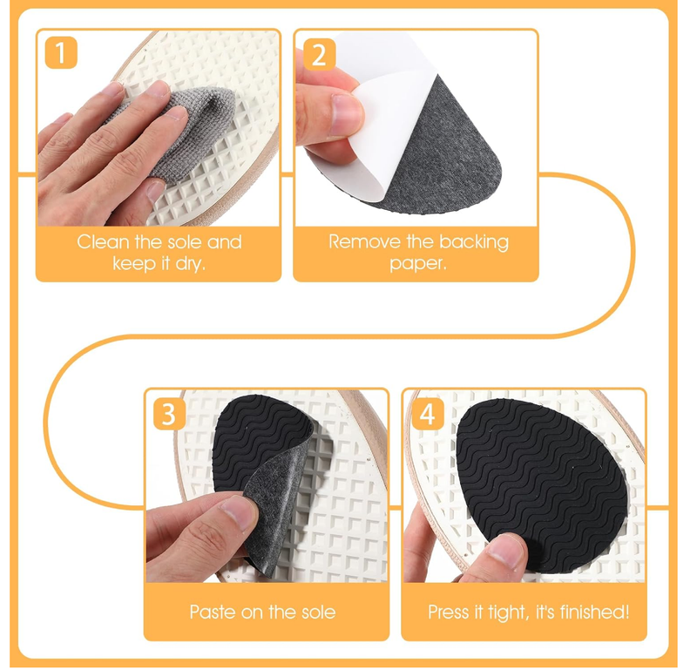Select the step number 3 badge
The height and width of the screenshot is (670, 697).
click(169, 414)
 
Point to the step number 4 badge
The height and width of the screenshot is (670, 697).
click(426, 414)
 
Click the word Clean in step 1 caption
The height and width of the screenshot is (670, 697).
click(102, 241)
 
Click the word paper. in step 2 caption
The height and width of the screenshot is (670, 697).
click(417, 263)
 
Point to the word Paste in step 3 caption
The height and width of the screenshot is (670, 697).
click(213, 612)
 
